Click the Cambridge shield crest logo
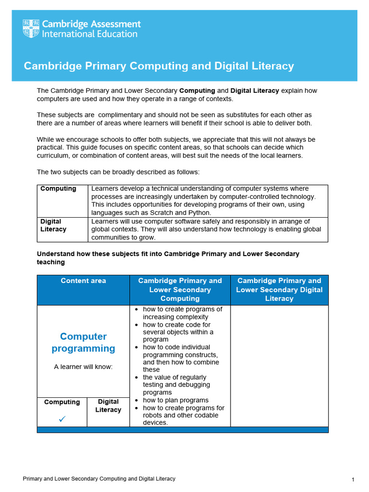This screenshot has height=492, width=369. (x=31, y=29)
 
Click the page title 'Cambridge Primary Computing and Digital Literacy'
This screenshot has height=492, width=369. (x=159, y=66)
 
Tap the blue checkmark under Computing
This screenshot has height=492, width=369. (x=62, y=419)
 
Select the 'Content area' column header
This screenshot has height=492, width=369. (x=83, y=281)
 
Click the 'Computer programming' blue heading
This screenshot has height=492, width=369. (x=83, y=342)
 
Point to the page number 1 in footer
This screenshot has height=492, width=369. (x=353, y=480)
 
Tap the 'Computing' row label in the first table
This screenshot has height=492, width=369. (x=58, y=189)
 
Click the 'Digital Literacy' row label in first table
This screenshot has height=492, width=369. (x=53, y=225)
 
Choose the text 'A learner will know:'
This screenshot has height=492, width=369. (x=83, y=367)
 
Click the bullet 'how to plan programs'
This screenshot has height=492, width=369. (x=175, y=400)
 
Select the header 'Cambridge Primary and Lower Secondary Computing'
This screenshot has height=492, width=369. (x=180, y=289)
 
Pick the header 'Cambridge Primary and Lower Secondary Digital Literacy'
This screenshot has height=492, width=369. (x=279, y=289)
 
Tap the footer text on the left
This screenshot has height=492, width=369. (x=99, y=479)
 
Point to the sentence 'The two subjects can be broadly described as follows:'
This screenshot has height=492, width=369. (x=118, y=172)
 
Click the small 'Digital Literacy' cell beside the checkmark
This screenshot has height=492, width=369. (x=108, y=406)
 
